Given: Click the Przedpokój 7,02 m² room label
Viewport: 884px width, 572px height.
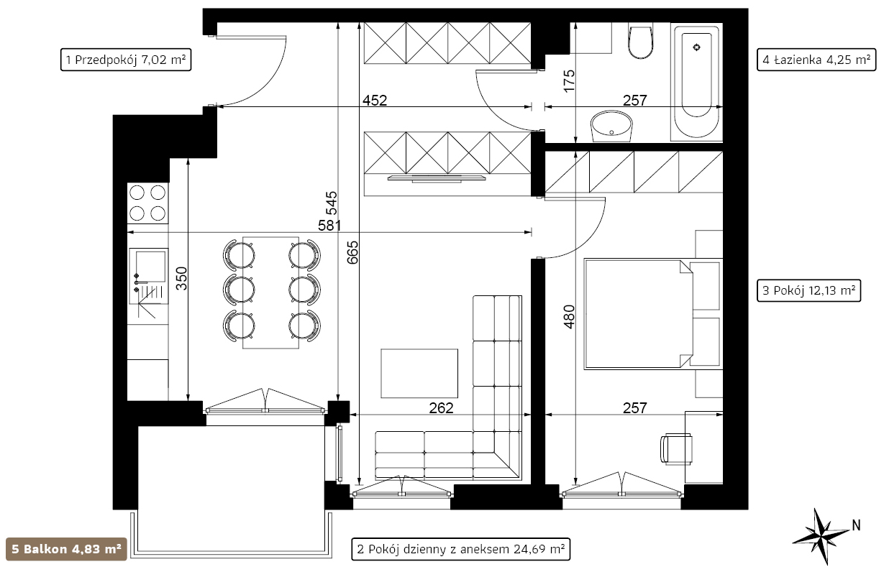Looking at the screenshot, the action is pos(126,60).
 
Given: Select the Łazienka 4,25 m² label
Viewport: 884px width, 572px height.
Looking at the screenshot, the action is pos(816,60).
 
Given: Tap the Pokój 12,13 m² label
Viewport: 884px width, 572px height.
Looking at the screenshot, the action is pos(808,290).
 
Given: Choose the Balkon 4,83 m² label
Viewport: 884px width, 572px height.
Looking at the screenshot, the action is pos(66,549).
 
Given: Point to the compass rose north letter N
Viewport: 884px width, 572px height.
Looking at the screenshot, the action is pos(856,525).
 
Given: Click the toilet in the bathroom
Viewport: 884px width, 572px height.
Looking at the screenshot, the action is pos(640,42).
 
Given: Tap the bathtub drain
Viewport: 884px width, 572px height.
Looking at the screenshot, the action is pos(696,47).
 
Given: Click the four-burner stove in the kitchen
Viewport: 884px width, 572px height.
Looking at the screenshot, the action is pos(147,203).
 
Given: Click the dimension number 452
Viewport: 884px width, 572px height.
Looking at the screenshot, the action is pos(375,101).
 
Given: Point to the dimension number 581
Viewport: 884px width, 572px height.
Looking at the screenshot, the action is pos(329,226).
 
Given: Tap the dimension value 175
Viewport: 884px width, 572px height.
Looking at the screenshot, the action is pos(569,81).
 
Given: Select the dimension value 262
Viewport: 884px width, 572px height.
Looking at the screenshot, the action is pos(441,408).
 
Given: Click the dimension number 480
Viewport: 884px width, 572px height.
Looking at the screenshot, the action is pos(569,317).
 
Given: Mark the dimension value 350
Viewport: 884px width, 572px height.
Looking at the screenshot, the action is pos(181,278).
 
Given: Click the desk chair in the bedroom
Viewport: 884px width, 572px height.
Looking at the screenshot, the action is pos(676,448).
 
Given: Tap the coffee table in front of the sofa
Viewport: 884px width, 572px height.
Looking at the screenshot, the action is pos(419,374).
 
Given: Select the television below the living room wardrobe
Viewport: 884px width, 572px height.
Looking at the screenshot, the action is pos(437,179).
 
